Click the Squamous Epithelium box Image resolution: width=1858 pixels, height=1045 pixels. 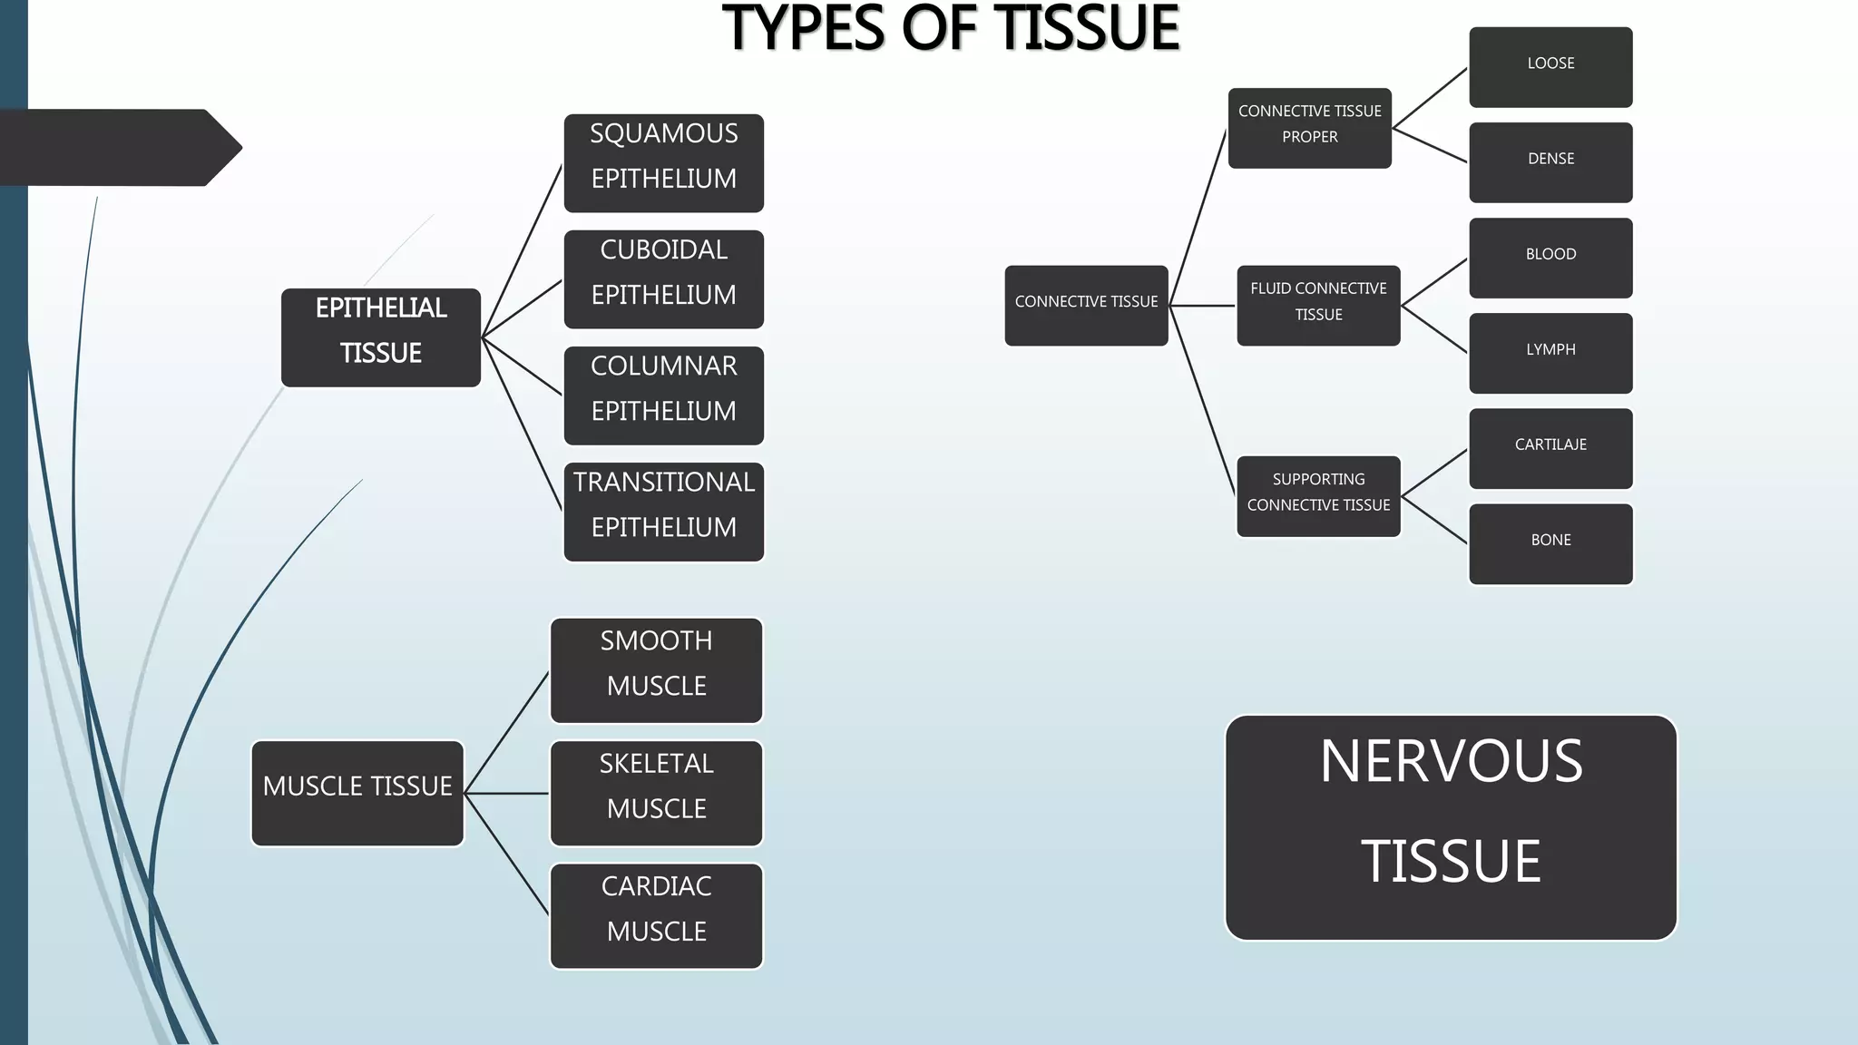pos(663,163)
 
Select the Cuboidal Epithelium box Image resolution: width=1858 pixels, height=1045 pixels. pos(663,279)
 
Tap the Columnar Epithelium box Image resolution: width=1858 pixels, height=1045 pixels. pos(663,396)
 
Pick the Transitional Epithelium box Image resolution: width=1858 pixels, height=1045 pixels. pos(663,512)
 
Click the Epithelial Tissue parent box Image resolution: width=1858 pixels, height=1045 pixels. pos(381,337)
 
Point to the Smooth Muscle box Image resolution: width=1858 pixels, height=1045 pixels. pos(656,670)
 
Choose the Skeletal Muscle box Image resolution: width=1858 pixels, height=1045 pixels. pos(656,793)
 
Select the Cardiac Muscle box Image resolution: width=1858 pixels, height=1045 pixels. pos(656,915)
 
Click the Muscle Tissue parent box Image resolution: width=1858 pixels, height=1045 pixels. pos(357,793)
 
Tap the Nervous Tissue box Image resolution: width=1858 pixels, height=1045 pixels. pos(1451,827)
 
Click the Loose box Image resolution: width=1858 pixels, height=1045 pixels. pos(1550,67)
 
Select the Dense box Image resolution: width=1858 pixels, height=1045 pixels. pos(1550,162)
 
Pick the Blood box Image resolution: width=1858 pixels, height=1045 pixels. pos(1550,258)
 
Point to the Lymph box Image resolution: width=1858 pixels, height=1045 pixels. pos(1550,353)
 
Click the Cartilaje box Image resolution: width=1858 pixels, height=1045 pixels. pos(1550,448)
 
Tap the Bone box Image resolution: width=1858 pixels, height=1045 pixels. pos(1550,543)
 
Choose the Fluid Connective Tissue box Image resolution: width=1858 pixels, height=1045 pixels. pos(1318,306)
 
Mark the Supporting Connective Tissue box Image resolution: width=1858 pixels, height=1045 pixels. pos(1318,496)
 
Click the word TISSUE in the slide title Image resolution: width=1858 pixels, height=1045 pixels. pos(1088,28)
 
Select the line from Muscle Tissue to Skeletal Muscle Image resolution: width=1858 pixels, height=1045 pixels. pos(506,794)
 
